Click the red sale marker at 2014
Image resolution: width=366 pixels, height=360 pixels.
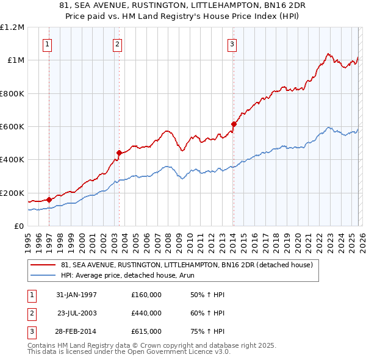click(233, 124)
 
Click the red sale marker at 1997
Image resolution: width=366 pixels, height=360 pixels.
click(49, 199)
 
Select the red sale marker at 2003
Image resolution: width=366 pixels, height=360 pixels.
click(119, 153)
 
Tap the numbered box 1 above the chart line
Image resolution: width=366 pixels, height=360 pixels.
click(48, 43)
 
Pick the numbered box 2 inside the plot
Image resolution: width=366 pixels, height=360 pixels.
click(117, 43)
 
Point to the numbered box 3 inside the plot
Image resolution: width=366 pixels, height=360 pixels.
click(232, 43)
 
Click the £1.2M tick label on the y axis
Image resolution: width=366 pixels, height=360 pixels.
click(12, 27)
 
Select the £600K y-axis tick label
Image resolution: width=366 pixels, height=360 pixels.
click(12, 127)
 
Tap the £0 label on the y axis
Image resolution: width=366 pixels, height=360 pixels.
click(18, 226)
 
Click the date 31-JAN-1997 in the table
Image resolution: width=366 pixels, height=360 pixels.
click(76, 295)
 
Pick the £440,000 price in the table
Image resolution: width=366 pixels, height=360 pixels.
click(146, 313)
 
